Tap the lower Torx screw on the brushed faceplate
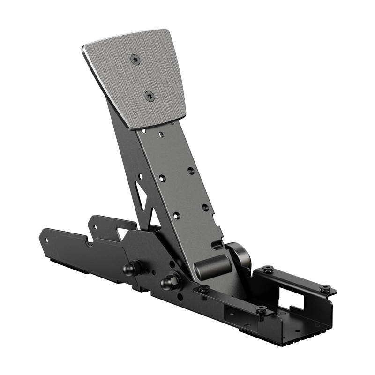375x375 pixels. (150, 96)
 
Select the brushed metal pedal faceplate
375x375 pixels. (136, 77)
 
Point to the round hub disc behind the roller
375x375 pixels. (241, 255)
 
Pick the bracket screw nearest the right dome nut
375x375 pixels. (203, 289)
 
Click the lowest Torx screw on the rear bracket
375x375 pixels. (262, 309)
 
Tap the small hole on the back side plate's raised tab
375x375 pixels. (94, 226)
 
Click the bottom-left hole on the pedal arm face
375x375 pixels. (176, 216)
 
